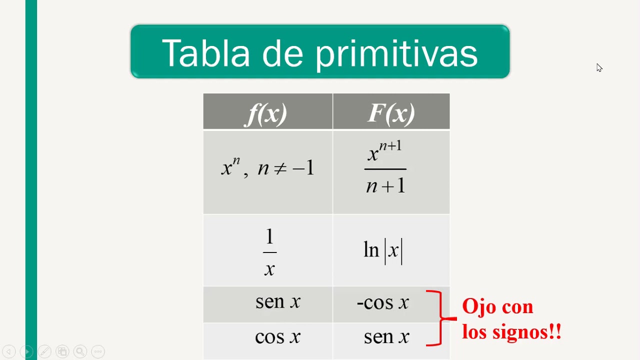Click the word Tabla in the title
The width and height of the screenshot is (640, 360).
point(205,53)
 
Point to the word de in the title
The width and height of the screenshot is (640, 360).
point(282,53)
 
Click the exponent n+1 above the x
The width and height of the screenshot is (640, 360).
point(390,146)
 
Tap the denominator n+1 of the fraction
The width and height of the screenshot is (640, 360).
point(385,186)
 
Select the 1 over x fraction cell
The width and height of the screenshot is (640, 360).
point(269,252)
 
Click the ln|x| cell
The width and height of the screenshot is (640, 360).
point(383,250)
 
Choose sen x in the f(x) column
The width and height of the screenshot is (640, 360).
point(277,301)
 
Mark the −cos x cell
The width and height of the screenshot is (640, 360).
point(383,302)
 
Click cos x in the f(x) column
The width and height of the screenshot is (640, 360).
point(277,337)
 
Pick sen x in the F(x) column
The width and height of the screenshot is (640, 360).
point(386,337)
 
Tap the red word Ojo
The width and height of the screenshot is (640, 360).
point(477,306)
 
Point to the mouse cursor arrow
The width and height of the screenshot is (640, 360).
point(599,67)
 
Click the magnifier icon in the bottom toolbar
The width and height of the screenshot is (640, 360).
point(80,351)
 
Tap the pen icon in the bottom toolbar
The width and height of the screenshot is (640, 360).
point(44,351)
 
